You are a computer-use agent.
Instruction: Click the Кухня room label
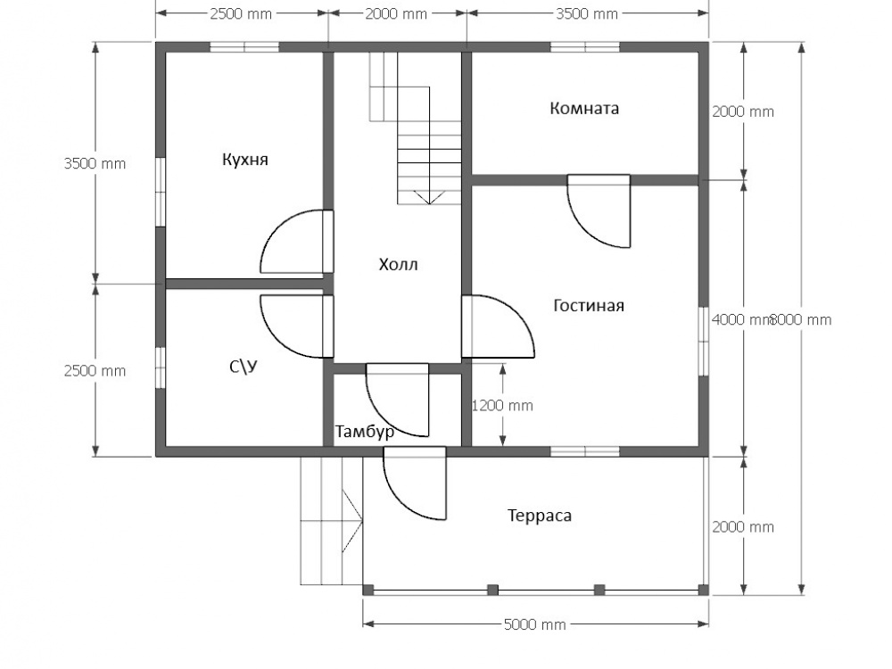pyautogui.click(x=244, y=160)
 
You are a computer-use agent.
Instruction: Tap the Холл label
pyautogui.click(x=398, y=265)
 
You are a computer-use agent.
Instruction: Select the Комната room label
pyautogui.click(x=584, y=108)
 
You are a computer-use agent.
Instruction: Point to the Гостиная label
pyautogui.click(x=589, y=305)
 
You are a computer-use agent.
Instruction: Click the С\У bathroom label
pyautogui.click(x=244, y=367)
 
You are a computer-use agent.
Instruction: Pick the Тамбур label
pyautogui.click(x=365, y=432)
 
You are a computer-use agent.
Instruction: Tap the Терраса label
pyautogui.click(x=540, y=516)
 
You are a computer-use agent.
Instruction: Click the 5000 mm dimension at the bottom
pyautogui.click(x=534, y=624)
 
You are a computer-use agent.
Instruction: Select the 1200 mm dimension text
pyautogui.click(x=503, y=406)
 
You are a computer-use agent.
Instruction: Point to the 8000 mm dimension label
pyautogui.click(x=802, y=319)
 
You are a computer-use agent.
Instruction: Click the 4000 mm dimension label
pyautogui.click(x=739, y=319)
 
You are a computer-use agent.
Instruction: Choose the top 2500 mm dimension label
pyautogui.click(x=241, y=13)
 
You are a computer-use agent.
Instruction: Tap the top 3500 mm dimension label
pyautogui.click(x=587, y=13)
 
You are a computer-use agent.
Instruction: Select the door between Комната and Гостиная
pyautogui.click(x=599, y=211)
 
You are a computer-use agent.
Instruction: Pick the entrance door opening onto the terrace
pyautogui.click(x=415, y=483)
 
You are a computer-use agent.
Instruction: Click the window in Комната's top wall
pyautogui.click(x=585, y=46)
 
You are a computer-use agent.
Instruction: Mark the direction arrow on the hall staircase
pyautogui.click(x=429, y=197)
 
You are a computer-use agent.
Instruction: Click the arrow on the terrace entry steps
pyautogui.click(x=352, y=519)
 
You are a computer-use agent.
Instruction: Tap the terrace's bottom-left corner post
pyautogui.click(x=368, y=590)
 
